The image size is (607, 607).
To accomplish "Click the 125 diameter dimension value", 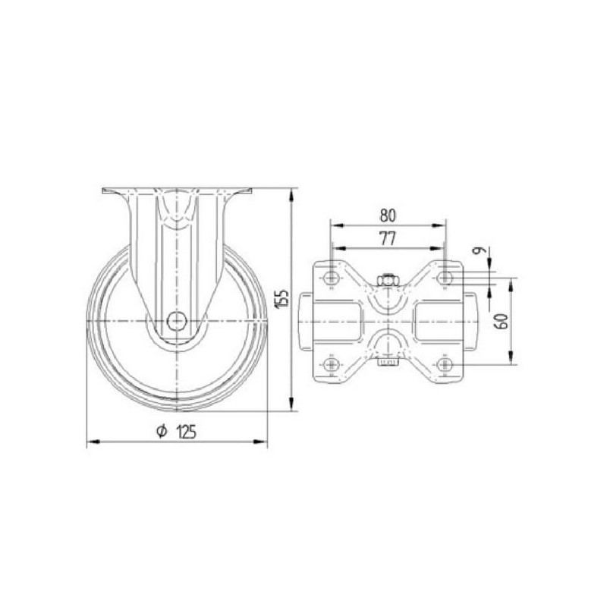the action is (x=186, y=432).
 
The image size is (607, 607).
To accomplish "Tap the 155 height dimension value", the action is (x=282, y=299).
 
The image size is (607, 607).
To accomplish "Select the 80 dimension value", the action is (x=388, y=215).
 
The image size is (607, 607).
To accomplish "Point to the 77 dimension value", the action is (x=388, y=239).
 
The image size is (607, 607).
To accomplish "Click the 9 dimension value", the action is (x=480, y=250).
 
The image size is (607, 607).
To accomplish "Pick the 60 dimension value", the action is (x=502, y=321).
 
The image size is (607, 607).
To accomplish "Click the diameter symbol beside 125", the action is (x=162, y=431).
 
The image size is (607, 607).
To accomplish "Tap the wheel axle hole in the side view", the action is (x=177, y=321).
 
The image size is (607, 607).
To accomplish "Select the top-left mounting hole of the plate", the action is (x=331, y=277).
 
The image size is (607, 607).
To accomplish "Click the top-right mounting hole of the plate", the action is (x=445, y=277).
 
